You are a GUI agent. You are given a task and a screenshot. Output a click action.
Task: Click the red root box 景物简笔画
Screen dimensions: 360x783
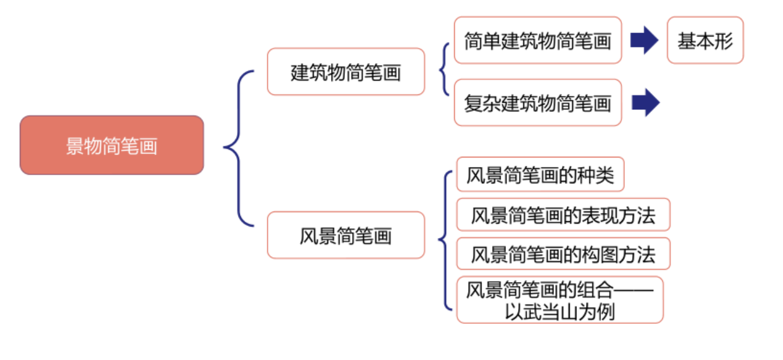coord(112,145)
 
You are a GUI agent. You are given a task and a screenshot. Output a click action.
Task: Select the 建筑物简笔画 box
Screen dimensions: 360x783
coord(346,72)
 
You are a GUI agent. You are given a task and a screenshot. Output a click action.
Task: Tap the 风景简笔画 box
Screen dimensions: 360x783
coord(346,235)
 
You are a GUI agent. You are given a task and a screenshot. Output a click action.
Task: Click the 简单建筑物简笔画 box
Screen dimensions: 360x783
coord(537,40)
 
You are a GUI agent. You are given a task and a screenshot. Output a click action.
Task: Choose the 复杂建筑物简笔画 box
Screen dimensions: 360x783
coord(537,103)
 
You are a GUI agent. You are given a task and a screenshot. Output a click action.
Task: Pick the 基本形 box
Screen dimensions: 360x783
coord(705,40)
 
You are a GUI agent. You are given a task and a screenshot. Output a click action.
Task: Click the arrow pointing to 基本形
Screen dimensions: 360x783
coord(644,40)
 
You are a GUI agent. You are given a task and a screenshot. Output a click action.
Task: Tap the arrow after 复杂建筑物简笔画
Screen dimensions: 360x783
coord(645,103)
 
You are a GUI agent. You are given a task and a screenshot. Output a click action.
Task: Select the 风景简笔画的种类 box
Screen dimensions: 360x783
coord(540,175)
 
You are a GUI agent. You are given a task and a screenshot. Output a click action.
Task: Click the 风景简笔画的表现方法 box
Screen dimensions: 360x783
coord(562,215)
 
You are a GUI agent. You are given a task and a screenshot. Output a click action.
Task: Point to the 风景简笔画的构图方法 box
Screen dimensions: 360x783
coord(562,254)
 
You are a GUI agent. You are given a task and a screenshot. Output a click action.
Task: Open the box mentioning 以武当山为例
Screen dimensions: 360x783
coord(559,300)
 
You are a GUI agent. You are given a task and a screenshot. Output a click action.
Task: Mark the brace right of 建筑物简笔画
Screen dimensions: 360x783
coord(445,69)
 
